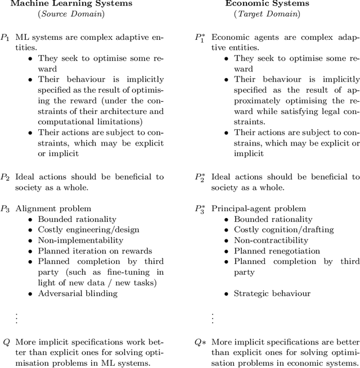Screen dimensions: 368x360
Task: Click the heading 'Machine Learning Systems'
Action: (71, 3)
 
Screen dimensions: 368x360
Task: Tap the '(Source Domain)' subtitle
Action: (71, 13)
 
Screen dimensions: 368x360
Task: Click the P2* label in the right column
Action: (200, 178)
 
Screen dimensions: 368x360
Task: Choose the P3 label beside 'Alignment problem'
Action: (5, 209)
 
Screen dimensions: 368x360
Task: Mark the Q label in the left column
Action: (6, 342)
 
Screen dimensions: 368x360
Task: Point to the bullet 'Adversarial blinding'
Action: (78, 293)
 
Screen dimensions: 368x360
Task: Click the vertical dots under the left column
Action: (16, 317)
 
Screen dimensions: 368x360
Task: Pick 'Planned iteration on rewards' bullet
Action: (94, 251)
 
